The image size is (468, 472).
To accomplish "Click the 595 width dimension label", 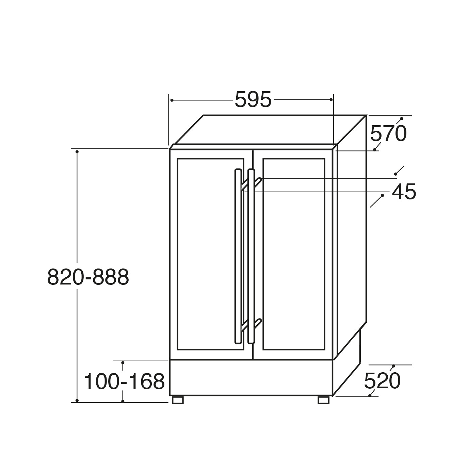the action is (x=253, y=99).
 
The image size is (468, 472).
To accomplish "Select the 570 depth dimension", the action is (x=388, y=134).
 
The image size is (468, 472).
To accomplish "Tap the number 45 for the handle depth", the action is (x=404, y=191).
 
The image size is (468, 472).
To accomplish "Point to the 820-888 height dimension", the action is (x=88, y=277).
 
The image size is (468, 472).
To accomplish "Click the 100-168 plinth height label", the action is (x=124, y=381).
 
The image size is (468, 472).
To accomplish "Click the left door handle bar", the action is (x=238, y=256).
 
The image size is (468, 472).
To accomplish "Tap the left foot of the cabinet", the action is (x=178, y=400).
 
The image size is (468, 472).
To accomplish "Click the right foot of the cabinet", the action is (x=323, y=400).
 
